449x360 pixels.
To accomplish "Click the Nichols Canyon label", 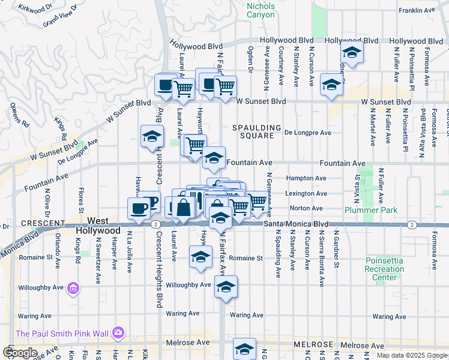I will pos(261,10).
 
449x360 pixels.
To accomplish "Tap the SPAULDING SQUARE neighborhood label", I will pos(258,131).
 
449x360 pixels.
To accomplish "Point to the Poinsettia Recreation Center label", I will pos(384,269).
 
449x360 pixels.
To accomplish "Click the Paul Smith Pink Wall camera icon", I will pos(118,333).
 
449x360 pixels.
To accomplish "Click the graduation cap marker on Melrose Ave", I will pos(244,349).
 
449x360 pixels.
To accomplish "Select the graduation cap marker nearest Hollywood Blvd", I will pos(352,52).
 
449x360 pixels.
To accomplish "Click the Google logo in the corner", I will pos(20,352).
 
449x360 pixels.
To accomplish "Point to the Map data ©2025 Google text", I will pos(412,355).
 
